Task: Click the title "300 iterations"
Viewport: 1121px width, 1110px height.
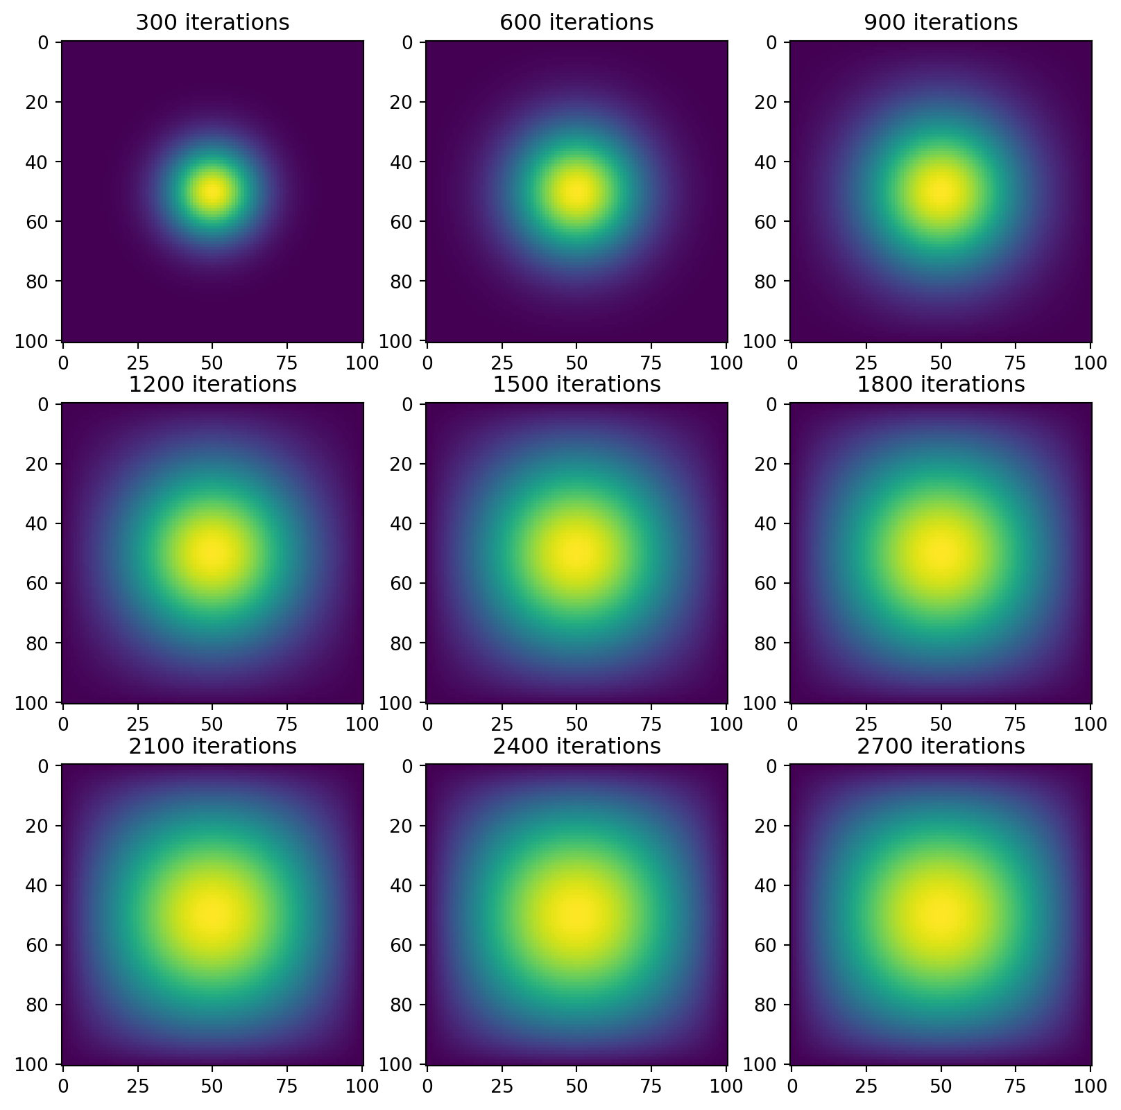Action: (x=212, y=23)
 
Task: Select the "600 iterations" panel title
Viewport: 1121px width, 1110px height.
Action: (x=576, y=23)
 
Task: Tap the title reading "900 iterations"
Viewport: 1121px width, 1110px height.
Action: (x=941, y=23)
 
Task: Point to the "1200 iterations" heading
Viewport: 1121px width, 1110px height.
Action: (x=212, y=384)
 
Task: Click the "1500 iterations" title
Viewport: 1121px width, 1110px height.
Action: (x=576, y=384)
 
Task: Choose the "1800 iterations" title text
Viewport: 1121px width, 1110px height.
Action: (x=941, y=384)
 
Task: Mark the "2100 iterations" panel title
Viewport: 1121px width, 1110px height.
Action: (x=212, y=746)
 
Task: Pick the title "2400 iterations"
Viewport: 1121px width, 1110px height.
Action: (x=576, y=746)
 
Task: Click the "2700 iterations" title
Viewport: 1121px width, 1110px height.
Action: (x=941, y=746)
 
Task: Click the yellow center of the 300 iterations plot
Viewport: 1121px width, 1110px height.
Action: (x=212, y=191)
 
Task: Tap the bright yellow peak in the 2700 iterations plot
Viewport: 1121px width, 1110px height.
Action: (x=941, y=914)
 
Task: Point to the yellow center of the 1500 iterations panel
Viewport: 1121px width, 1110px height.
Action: (x=576, y=553)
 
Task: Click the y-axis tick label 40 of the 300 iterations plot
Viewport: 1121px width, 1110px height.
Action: (x=46, y=162)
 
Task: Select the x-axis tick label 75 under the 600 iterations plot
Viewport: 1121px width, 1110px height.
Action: (x=651, y=362)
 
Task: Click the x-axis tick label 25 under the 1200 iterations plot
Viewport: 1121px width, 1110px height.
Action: (x=138, y=724)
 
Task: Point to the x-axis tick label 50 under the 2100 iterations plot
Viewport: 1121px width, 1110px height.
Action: (x=212, y=1086)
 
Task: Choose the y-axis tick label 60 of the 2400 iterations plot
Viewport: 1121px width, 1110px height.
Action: (x=410, y=945)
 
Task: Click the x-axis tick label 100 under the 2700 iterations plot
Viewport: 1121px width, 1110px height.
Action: (x=1090, y=1086)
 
